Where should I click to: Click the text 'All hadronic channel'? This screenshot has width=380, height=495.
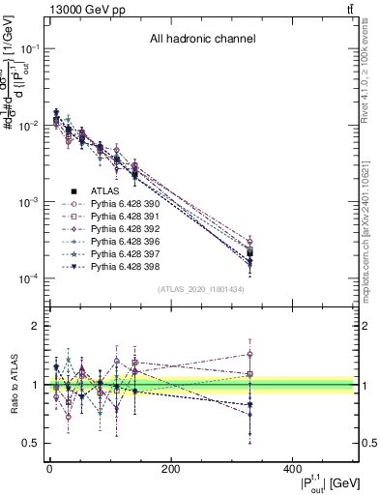coord(202,40)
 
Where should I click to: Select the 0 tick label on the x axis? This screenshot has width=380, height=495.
coord(49,469)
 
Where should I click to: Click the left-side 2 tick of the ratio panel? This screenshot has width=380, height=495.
coord(35,326)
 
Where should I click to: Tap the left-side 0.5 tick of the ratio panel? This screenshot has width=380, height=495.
coord(31,443)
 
